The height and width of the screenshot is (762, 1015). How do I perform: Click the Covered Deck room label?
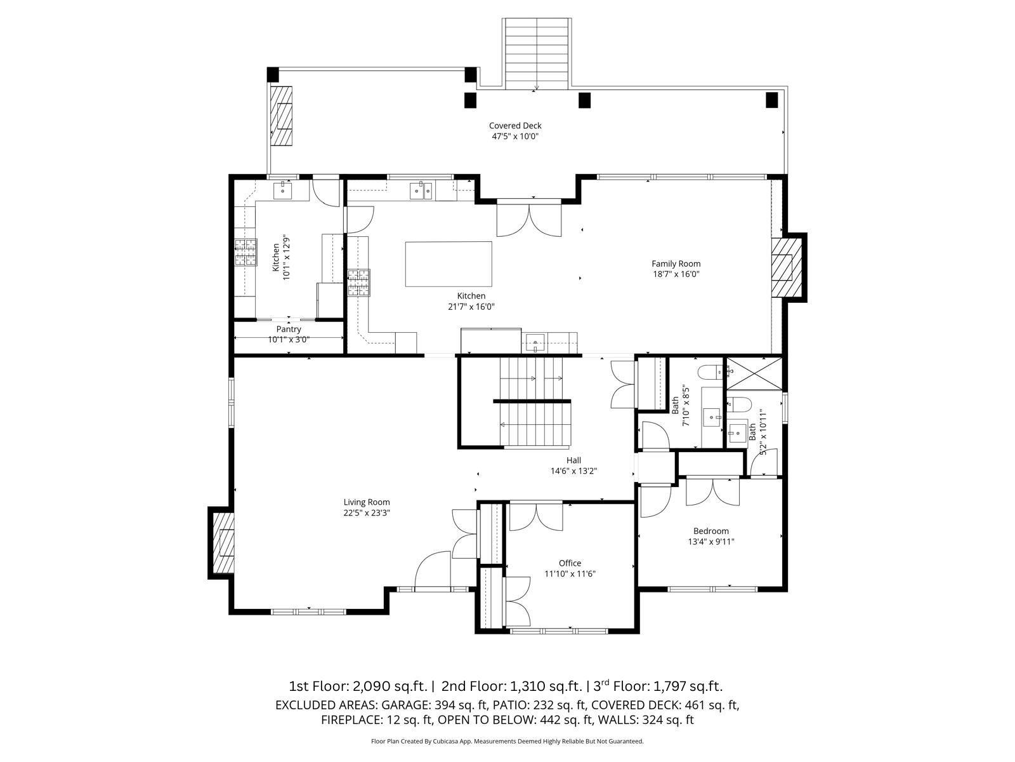[515, 125]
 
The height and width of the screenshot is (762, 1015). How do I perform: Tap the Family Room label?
[676, 264]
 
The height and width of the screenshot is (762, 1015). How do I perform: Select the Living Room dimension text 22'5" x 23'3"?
[367, 512]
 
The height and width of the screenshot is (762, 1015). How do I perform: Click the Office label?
[570, 563]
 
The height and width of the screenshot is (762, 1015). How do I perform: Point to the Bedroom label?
[710, 531]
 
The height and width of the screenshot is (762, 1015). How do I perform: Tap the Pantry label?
[289, 329]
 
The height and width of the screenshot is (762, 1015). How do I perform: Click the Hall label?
[574, 460]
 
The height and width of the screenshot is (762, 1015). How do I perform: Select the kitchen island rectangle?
[449, 264]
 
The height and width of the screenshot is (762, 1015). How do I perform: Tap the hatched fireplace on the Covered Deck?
[281, 116]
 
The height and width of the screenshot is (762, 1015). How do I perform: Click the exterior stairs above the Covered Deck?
[537, 54]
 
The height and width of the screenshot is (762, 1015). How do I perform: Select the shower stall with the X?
[754, 374]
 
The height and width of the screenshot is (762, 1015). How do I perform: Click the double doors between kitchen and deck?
[529, 218]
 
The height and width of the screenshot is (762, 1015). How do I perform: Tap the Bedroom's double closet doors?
[712, 492]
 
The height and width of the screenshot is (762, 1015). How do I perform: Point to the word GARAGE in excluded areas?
[405, 705]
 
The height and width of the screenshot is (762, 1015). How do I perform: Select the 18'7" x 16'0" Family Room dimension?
[676, 274]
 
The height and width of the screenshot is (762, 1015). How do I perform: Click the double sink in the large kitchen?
[421, 190]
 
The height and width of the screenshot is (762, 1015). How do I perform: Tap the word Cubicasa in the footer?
[443, 741]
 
